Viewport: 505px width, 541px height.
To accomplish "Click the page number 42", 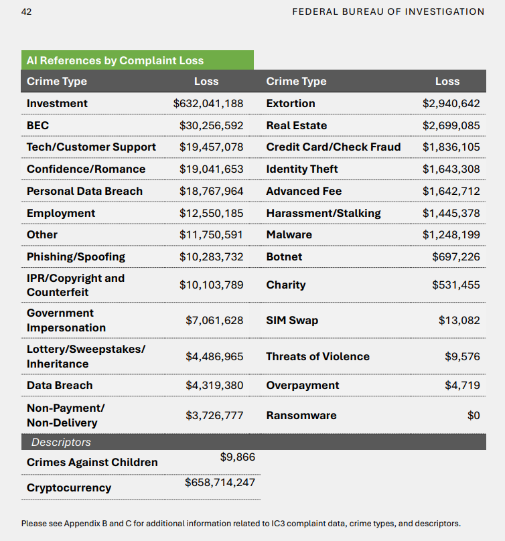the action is point(26,12).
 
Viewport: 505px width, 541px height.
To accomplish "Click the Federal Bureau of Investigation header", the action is point(388,12).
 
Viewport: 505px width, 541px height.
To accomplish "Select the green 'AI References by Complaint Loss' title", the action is point(115,60).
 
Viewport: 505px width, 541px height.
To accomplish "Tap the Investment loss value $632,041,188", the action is point(208,104).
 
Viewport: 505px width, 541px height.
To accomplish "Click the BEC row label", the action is point(38,125).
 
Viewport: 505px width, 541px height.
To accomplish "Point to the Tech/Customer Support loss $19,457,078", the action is point(211,147).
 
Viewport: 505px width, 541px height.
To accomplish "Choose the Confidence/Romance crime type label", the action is point(86,169).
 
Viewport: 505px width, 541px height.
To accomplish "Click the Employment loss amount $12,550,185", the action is point(211,213).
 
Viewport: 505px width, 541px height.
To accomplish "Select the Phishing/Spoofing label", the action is point(76,257).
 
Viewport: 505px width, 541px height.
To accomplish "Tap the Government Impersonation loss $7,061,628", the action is point(214,321).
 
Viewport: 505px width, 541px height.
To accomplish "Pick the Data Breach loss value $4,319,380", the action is point(214,386).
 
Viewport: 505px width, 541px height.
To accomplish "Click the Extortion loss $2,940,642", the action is point(451,104).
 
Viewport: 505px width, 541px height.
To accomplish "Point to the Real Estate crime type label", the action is point(297,125).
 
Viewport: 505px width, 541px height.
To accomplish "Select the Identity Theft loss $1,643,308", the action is point(451,169).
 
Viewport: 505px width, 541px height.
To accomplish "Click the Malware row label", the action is point(289,234).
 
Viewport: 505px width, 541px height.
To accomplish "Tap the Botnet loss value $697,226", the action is point(456,256).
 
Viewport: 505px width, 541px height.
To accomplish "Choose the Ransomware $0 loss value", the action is point(474,415).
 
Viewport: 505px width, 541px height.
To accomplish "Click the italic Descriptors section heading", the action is point(61,442).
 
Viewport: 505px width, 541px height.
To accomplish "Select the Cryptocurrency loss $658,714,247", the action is point(220,482).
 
